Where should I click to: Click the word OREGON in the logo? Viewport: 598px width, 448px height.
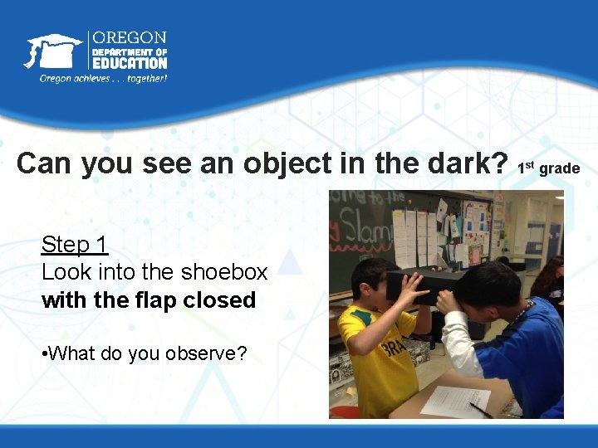[130, 38]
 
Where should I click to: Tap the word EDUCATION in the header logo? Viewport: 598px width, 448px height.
[130, 63]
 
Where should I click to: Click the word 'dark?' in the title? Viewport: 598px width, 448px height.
[468, 163]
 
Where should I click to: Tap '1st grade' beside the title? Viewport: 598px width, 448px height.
[548, 168]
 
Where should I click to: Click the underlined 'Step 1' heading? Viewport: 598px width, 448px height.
[75, 245]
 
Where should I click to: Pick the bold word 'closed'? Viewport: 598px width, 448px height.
[221, 299]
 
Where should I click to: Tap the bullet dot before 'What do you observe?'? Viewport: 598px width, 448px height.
[45, 353]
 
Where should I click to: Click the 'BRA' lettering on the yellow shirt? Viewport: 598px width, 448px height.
[395, 346]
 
